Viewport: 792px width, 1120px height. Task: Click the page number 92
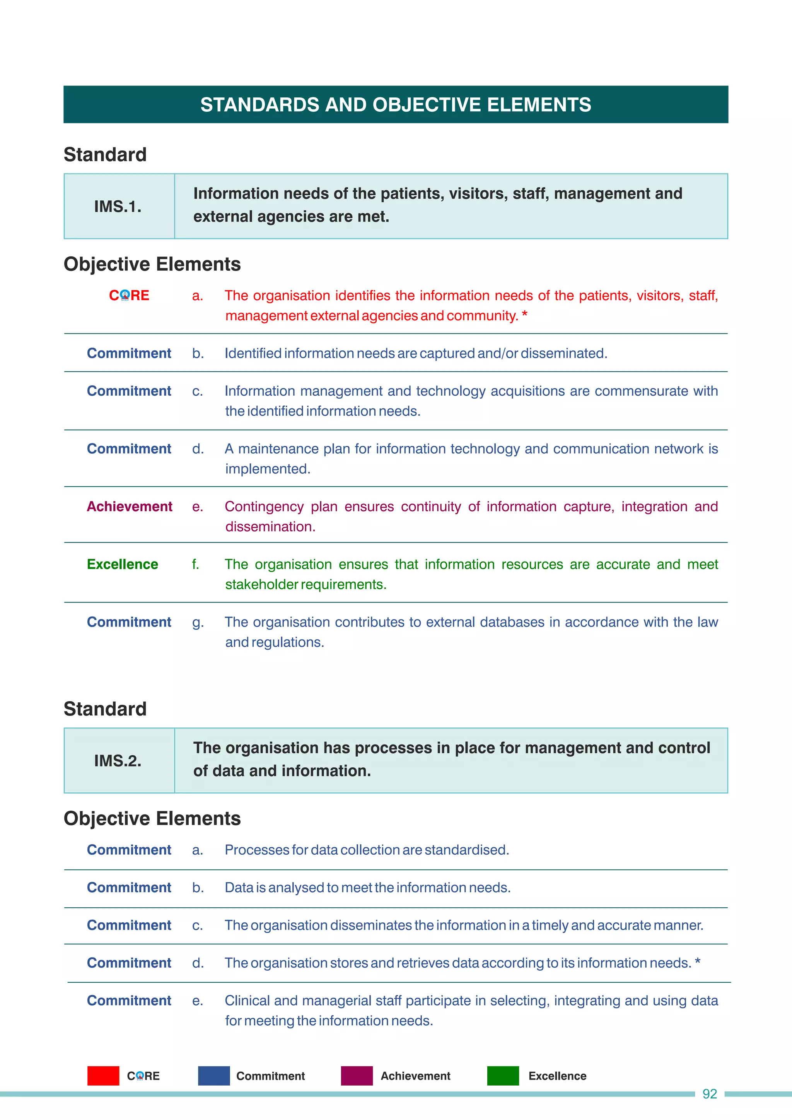(x=709, y=1094)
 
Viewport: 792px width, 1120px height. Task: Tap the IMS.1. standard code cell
(x=118, y=207)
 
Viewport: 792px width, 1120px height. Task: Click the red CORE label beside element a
(x=129, y=295)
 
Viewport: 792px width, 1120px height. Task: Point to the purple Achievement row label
(x=129, y=506)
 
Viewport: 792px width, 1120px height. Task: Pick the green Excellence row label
(x=123, y=564)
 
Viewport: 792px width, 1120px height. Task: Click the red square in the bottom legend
(x=103, y=1076)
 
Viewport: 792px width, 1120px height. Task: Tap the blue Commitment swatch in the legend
(x=213, y=1076)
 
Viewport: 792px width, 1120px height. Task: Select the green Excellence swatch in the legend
(x=503, y=1076)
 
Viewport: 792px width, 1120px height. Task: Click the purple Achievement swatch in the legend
(x=357, y=1076)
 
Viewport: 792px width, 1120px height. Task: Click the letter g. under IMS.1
(x=198, y=622)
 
